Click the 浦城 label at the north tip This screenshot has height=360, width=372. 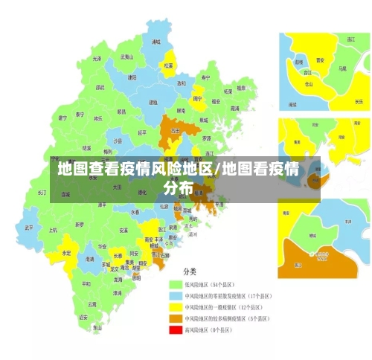tap(155, 43)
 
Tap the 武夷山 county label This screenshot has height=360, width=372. tap(126, 57)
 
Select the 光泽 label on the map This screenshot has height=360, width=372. tap(97, 58)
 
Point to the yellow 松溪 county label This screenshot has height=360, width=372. tap(169, 65)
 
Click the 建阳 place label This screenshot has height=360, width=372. tap(132, 77)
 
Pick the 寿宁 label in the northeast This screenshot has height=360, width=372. tap(205, 77)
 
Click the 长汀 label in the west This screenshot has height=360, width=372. tap(42, 192)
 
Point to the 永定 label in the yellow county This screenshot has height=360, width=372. tap(67, 253)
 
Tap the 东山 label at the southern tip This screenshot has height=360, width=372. tap(97, 328)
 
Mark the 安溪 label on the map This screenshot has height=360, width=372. tap(124, 231)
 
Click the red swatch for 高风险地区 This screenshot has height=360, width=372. tap(176, 329)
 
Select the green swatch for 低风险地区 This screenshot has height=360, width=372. tap(176, 284)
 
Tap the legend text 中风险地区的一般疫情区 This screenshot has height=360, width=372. tap(226, 306)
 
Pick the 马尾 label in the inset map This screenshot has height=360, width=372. tap(342, 68)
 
